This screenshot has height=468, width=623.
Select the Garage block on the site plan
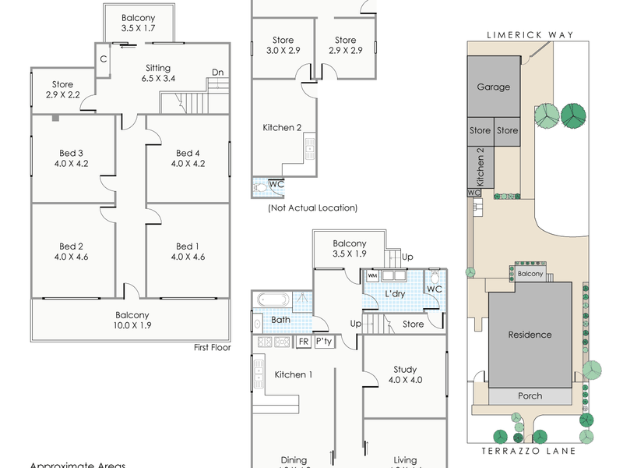click(493, 87)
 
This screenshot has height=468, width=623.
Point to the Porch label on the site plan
click(530, 396)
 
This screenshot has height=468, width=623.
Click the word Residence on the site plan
click(530, 335)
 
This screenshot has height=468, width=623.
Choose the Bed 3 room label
click(71, 158)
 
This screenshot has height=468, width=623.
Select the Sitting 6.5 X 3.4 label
click(158, 73)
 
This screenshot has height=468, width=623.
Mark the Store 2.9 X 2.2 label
click(62, 90)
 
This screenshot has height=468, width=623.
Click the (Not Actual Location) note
click(312, 208)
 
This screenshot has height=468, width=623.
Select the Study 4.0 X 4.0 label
click(405, 375)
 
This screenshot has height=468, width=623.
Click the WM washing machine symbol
click(372, 275)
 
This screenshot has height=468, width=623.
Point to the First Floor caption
click(212, 349)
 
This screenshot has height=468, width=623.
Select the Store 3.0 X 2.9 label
click(282, 45)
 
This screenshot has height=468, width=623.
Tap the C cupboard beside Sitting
click(103, 58)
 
